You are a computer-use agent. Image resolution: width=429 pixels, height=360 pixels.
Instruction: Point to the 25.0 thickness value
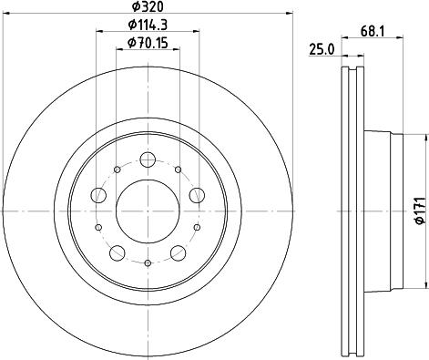click(323, 50)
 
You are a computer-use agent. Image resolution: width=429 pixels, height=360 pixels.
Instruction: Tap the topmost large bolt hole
click(148, 159)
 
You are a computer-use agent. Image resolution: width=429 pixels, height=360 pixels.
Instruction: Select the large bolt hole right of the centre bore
click(195, 194)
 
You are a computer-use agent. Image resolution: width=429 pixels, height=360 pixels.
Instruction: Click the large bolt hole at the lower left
click(117, 252)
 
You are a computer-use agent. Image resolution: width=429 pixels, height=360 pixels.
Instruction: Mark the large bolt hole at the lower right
click(177, 252)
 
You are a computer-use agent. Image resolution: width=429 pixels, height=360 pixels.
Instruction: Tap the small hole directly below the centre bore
click(148, 262)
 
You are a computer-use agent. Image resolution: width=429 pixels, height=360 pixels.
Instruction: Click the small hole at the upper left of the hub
click(117, 170)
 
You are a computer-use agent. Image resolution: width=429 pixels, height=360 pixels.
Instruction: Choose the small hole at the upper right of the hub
click(178, 170)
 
